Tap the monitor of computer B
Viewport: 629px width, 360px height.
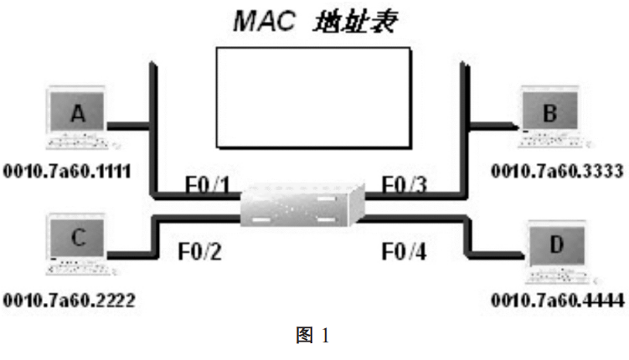coord(549,112)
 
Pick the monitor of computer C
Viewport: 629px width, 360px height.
coord(78,238)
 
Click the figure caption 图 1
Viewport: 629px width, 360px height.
coord(314,337)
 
